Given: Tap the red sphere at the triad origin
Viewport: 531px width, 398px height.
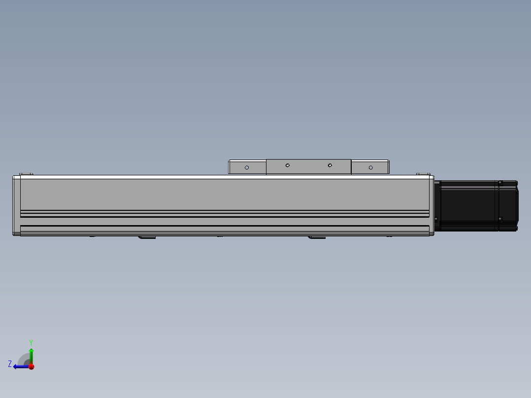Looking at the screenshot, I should click(x=31, y=366).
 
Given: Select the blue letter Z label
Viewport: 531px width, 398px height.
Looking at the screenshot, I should click(x=10, y=364).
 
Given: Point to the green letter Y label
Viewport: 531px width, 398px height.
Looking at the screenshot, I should click(x=31, y=342).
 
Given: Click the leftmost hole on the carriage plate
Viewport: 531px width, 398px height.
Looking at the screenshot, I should click(x=247, y=167).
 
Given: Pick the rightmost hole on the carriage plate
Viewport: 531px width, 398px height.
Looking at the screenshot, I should click(x=371, y=167).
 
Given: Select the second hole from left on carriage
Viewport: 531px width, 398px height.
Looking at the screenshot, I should click(x=288, y=166).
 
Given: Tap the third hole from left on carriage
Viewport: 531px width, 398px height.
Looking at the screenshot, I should click(x=330, y=166).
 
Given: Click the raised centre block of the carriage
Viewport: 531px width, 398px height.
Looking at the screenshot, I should click(x=308, y=167).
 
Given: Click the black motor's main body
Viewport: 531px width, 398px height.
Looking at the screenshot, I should click(x=468, y=205).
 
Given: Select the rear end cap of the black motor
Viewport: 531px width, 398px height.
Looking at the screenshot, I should click(x=508, y=205).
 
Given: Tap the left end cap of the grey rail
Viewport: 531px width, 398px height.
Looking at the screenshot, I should click(x=16, y=205).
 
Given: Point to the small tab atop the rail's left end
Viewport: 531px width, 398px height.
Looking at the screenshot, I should click(x=26, y=174).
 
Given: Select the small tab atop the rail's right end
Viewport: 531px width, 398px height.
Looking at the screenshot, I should click(x=423, y=174).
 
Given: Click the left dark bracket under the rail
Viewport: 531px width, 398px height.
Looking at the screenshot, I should click(x=147, y=237).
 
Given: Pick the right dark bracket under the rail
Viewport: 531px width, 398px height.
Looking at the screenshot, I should click(x=317, y=237).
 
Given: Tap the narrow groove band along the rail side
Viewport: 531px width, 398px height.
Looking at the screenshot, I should click(x=224, y=214).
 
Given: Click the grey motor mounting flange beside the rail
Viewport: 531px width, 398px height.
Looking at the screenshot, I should click(x=436, y=205).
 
